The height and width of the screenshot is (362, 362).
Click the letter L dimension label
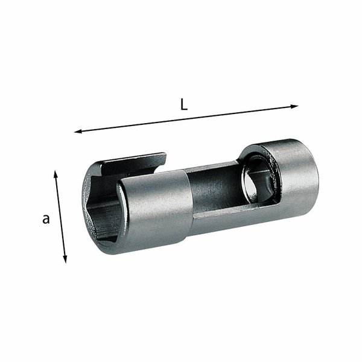click(x=184, y=103)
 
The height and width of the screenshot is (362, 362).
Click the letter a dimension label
click(x=46, y=219)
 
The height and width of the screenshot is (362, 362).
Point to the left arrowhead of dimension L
click(x=77, y=130)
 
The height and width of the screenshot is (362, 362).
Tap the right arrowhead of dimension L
click(x=296, y=107)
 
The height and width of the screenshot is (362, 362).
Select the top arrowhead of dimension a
click(x=56, y=173)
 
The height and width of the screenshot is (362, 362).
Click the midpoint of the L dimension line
click(x=186, y=118)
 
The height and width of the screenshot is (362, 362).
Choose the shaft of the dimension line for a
click(x=60, y=217)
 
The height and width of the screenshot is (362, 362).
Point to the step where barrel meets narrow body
click(x=192, y=199)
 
